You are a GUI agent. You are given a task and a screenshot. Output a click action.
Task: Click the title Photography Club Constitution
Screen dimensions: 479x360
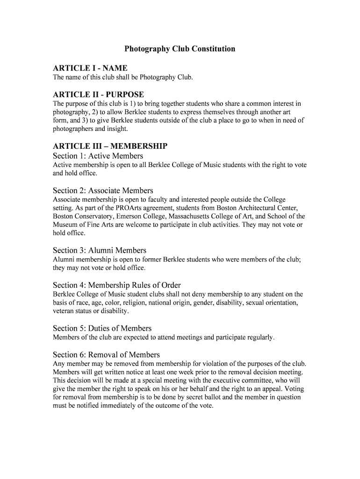click(180, 49)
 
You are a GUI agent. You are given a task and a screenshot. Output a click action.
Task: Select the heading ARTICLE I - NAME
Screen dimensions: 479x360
click(90, 68)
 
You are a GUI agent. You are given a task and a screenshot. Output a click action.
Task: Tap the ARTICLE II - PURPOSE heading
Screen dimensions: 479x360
click(98, 94)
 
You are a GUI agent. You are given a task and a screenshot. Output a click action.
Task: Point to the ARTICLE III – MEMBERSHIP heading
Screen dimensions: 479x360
click(110, 146)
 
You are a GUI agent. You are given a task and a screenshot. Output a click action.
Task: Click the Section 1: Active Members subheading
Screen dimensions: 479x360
click(98, 156)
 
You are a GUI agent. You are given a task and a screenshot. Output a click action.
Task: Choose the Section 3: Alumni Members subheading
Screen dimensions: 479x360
click(100, 250)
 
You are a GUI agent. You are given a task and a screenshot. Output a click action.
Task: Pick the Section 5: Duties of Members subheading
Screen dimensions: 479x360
click(102, 328)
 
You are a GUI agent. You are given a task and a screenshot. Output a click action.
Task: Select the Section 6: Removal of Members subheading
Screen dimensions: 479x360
click(106, 355)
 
